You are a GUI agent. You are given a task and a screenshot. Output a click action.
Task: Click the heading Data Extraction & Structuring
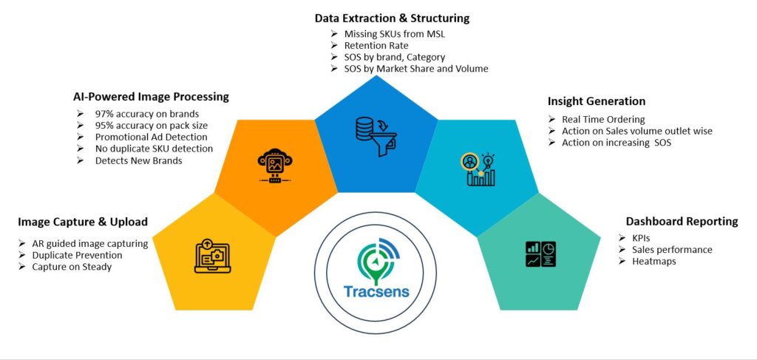392,18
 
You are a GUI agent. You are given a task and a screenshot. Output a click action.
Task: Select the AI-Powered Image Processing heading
151,97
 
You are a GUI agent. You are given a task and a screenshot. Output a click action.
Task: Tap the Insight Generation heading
596,101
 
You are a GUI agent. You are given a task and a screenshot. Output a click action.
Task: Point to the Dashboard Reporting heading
682,221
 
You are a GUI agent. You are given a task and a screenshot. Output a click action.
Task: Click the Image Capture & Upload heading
83,222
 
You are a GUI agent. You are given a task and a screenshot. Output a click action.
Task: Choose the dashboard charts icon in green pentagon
540,254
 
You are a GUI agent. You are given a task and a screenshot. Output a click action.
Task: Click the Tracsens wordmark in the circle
376,291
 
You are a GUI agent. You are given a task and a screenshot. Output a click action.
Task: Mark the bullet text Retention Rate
378,46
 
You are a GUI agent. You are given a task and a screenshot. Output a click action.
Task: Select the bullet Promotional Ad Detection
151,137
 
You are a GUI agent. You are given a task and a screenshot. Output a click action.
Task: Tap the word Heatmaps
655,262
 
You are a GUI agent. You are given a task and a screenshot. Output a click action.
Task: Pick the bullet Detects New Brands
138,160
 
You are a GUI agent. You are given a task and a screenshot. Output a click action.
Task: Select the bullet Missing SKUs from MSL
396,34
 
